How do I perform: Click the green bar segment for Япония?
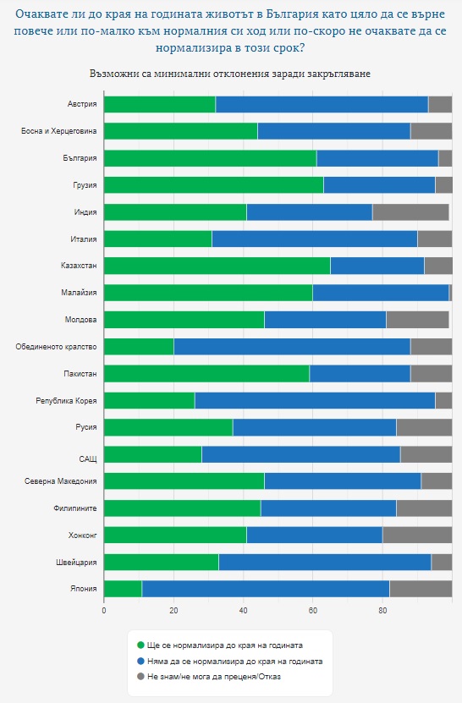(x=123, y=589)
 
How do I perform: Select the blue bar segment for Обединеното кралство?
(x=292, y=347)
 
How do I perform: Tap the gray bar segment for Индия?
(x=410, y=212)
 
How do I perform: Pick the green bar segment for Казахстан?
(x=217, y=266)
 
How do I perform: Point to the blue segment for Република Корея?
(x=315, y=400)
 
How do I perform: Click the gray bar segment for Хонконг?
(x=417, y=535)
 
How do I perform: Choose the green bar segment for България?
(x=211, y=158)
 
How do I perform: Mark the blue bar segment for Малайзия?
(x=381, y=293)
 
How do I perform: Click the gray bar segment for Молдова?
(x=418, y=320)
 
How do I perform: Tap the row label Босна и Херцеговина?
(x=58, y=131)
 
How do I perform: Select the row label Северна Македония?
(x=61, y=481)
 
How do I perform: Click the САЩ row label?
(x=88, y=459)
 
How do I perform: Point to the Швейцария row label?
(x=76, y=563)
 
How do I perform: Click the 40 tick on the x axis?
(x=243, y=611)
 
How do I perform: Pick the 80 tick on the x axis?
(x=382, y=611)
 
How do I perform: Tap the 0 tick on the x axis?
(x=104, y=611)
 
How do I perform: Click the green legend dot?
(x=140, y=645)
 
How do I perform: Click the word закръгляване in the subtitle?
(x=339, y=74)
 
